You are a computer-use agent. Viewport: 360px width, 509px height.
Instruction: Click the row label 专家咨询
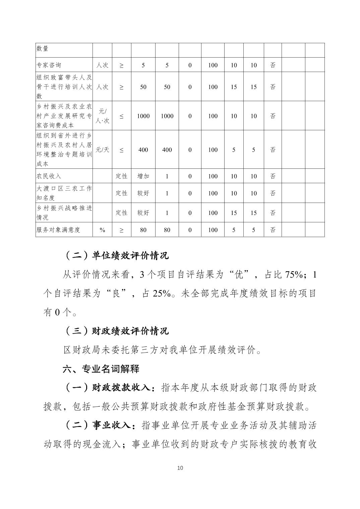(x=49, y=65)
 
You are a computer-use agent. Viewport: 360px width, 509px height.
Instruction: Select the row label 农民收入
(x=49, y=176)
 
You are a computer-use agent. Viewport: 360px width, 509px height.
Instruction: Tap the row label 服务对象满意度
(x=58, y=230)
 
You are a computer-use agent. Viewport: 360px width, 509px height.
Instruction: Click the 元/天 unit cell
(x=102, y=150)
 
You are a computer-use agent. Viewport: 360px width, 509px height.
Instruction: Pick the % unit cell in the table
(x=102, y=230)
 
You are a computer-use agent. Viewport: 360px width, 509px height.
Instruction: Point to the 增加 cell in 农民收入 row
(x=143, y=176)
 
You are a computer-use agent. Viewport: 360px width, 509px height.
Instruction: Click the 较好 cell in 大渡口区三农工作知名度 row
(x=143, y=193)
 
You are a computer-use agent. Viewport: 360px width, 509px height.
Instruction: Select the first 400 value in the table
(x=143, y=150)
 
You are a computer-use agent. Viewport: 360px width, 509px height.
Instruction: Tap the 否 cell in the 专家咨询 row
(x=273, y=65)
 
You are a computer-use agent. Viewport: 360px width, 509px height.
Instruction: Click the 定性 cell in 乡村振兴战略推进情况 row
(x=121, y=213)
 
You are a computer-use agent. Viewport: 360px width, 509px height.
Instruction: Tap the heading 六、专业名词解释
(x=101, y=369)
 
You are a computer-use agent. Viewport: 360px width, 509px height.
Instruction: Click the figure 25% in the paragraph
(x=162, y=294)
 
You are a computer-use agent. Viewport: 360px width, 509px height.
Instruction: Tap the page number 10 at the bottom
(x=180, y=468)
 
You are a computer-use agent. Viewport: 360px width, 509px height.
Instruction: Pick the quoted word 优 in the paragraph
(x=239, y=275)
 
